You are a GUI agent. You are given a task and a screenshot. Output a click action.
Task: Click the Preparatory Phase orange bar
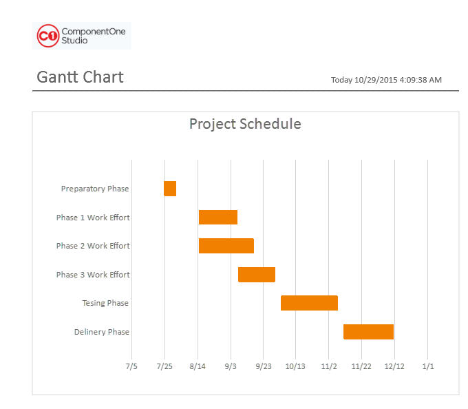click(x=170, y=189)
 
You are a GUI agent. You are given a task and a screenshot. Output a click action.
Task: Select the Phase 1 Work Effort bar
click(x=218, y=217)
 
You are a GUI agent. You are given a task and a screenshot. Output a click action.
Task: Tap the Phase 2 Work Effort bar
click(x=226, y=246)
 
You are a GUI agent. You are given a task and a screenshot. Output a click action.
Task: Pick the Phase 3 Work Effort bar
click(x=257, y=275)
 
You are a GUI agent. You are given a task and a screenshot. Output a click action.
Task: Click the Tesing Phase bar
click(x=309, y=303)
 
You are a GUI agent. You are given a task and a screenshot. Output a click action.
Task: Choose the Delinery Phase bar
click(x=369, y=332)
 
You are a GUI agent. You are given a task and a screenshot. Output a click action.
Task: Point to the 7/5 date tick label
click(x=131, y=366)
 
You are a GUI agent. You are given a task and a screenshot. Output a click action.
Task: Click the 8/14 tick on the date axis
click(x=198, y=366)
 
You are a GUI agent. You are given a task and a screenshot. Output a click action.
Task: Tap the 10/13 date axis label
click(x=295, y=366)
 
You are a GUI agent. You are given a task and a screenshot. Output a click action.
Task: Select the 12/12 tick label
click(x=394, y=366)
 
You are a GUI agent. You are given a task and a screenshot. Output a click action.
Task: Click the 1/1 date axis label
click(x=428, y=366)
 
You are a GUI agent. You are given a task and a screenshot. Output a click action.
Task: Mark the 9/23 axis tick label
click(x=264, y=366)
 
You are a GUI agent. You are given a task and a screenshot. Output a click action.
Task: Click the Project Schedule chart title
click(x=245, y=124)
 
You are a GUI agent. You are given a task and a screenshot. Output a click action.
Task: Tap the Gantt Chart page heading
click(x=80, y=77)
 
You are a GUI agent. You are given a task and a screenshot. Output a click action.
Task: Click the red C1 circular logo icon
click(x=48, y=36)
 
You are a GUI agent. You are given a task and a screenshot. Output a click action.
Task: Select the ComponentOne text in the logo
click(x=94, y=32)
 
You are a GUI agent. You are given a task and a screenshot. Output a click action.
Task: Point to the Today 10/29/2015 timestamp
click(x=386, y=80)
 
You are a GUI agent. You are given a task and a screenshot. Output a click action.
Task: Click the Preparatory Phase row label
click(x=95, y=189)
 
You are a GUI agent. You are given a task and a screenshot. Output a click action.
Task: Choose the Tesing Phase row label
click(x=105, y=303)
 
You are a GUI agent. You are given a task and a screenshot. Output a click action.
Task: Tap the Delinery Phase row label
click(x=102, y=332)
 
